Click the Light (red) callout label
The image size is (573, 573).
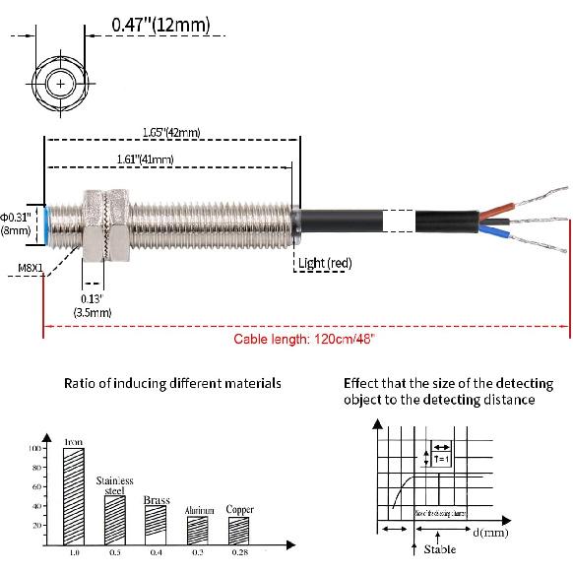[325, 263]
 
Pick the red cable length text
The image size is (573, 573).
[304, 339]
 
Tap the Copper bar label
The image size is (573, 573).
[239, 510]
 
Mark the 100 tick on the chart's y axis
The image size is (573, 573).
[35, 448]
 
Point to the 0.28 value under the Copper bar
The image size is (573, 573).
[239, 555]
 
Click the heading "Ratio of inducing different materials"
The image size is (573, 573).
[172, 383]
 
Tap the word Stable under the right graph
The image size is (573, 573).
[439, 550]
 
